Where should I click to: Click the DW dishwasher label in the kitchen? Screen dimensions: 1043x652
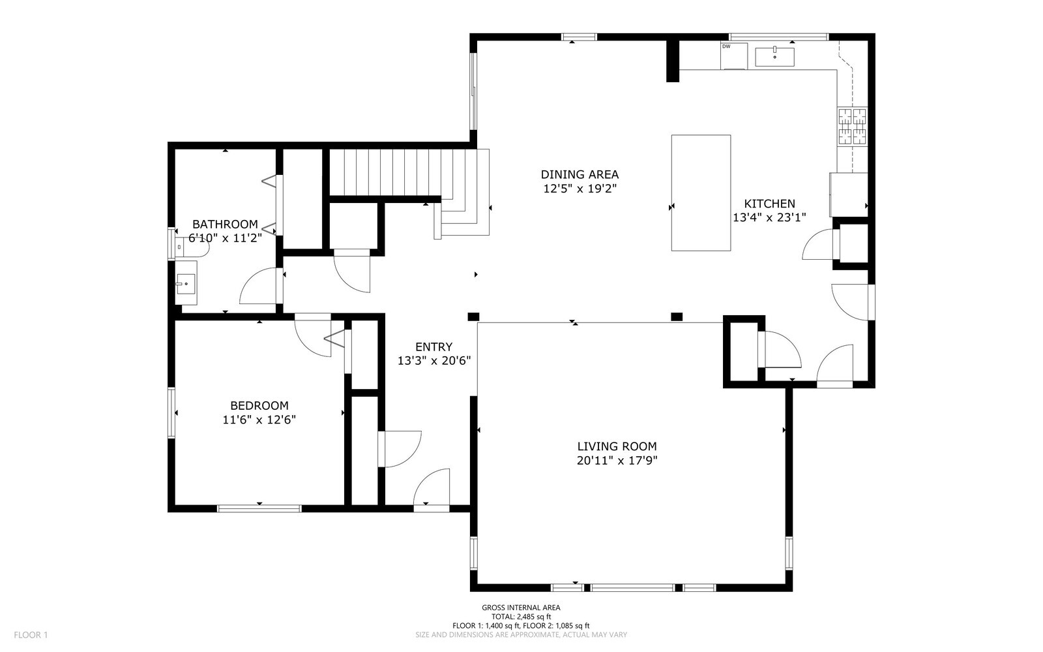pos(726,46)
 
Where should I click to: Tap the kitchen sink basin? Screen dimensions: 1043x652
pos(775,57)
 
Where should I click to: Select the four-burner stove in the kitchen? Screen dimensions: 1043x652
pos(853,126)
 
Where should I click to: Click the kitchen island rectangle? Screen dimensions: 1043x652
pos(701,193)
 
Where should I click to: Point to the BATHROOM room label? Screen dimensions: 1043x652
pos(225,224)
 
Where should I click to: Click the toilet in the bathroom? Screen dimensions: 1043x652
pos(192,246)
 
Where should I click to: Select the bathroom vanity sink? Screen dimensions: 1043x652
pos(186,283)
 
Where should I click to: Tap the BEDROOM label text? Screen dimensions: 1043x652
pos(259,405)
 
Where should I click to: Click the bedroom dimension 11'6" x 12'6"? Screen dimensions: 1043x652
pos(259,420)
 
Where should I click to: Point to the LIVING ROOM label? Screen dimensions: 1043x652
pos(617,446)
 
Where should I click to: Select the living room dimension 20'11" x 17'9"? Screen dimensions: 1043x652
pos(617,461)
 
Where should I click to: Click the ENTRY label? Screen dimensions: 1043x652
pos(434,347)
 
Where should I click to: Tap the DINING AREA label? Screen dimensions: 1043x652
pos(580,175)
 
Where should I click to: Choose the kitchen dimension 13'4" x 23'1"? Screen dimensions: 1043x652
pos(769,217)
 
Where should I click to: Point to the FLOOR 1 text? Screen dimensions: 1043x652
pos(31,635)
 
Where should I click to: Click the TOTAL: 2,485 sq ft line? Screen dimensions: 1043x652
pos(521,617)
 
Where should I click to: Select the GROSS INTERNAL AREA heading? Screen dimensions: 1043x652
pos(521,608)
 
